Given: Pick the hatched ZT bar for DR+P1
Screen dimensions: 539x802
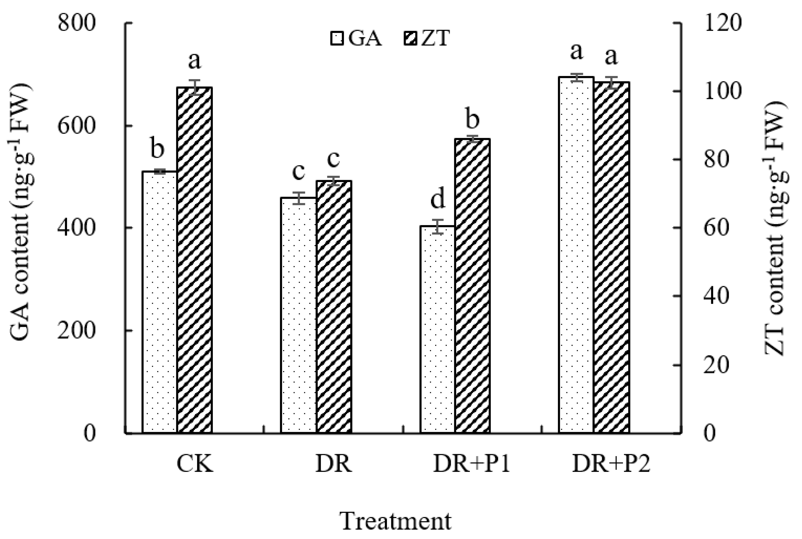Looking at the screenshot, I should tap(472, 285).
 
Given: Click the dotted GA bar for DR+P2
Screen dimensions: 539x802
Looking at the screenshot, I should tap(576, 254).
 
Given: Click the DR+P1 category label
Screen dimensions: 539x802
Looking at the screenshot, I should tap(472, 464).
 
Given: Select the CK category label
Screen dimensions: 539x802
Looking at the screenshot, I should tap(195, 464).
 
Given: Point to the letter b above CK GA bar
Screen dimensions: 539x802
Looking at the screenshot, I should tap(158, 148).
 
